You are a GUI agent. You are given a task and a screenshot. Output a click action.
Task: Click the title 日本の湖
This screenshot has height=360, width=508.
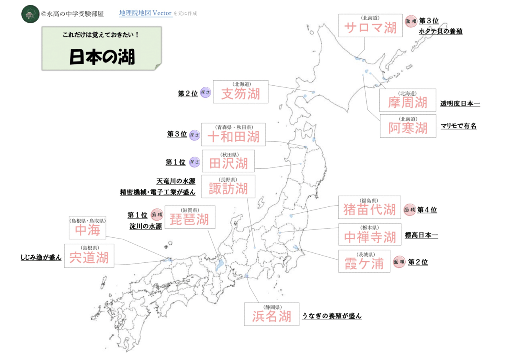[102, 57]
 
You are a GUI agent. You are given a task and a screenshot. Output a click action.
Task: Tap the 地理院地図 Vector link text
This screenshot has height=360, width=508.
[146, 13]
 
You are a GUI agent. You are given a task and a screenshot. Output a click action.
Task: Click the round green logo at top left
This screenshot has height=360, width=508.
[30, 14]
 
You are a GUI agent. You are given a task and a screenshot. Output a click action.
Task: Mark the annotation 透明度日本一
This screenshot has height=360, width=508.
[460, 104]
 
